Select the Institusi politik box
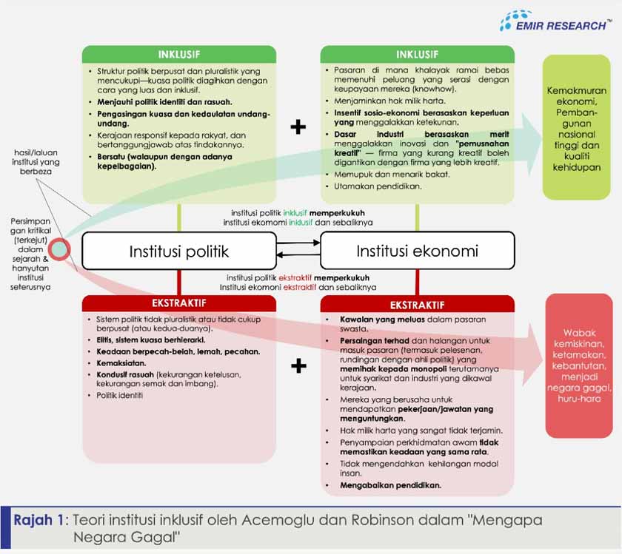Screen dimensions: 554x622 178,251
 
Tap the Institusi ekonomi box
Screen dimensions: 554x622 417,251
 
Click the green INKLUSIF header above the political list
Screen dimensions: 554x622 178,54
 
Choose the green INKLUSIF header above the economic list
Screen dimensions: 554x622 417,54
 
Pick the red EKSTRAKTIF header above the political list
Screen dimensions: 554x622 178,303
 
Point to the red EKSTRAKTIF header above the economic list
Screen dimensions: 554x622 417,304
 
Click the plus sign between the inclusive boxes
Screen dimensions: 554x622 298,127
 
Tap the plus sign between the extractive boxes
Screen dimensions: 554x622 298,365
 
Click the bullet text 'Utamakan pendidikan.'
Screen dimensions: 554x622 378,186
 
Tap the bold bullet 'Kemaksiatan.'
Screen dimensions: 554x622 121,364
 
